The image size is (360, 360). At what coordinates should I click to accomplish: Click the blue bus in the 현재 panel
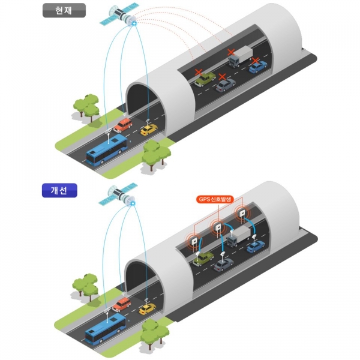tap(107, 149)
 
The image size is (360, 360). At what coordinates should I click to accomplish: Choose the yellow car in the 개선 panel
tap(147, 309)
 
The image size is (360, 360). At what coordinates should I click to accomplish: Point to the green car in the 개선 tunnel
tap(203, 257)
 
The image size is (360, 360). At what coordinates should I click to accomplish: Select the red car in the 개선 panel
tap(122, 304)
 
